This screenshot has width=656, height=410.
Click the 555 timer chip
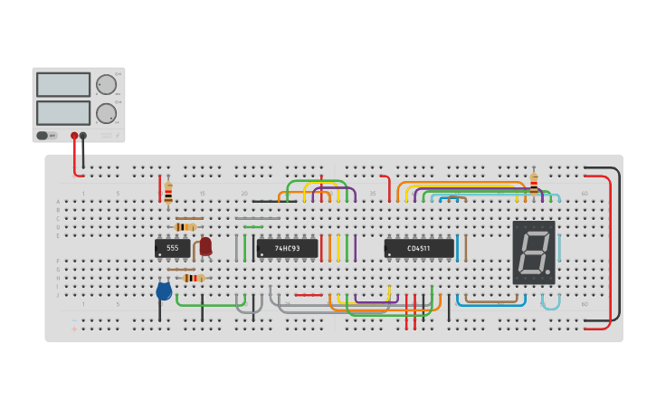(x=172, y=247)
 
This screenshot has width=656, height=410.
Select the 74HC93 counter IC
(x=288, y=248)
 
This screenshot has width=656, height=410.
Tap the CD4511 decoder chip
(x=419, y=248)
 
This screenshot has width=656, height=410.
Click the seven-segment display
(x=534, y=253)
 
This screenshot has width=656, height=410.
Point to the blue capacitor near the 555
(x=164, y=291)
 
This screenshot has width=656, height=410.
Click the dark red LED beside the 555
(x=205, y=245)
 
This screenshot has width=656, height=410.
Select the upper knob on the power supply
(x=106, y=85)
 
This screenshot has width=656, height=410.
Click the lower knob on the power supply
(x=106, y=113)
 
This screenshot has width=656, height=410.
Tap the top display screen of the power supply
(x=63, y=85)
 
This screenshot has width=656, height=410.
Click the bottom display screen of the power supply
(x=63, y=113)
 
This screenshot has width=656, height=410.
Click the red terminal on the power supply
(x=74, y=136)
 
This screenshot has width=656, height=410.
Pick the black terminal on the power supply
(x=83, y=136)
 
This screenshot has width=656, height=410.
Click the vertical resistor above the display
(x=534, y=183)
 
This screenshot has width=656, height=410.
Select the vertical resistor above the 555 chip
(x=168, y=191)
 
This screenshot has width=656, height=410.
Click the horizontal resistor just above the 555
(x=187, y=226)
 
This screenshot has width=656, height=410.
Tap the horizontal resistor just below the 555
(x=192, y=278)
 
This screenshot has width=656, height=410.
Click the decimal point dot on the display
(x=547, y=272)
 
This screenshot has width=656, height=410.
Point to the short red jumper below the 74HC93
(x=309, y=294)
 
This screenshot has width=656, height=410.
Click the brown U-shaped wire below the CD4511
(x=491, y=300)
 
